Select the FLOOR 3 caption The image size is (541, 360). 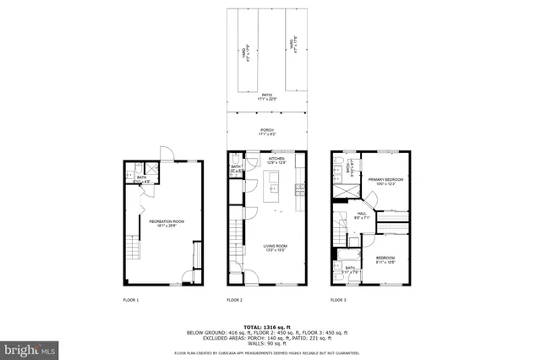[338, 300]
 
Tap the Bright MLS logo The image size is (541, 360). [30, 348]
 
